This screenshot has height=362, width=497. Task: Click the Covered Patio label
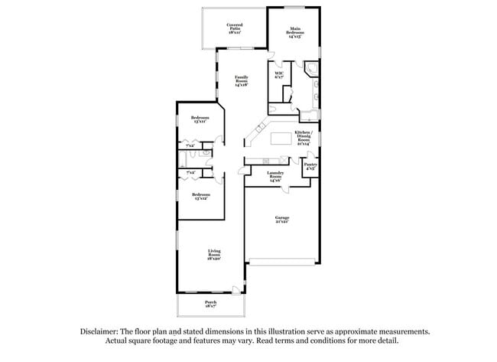[x=234, y=29]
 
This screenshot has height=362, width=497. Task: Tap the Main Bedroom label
[x=293, y=32]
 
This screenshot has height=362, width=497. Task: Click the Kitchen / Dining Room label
[x=304, y=139]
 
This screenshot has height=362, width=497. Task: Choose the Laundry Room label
[x=275, y=175]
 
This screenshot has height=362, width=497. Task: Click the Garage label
[x=282, y=219]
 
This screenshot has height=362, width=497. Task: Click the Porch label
[x=210, y=304]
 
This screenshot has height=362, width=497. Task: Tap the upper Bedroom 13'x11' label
[x=200, y=119]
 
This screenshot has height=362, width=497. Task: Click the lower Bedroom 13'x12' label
[x=200, y=196]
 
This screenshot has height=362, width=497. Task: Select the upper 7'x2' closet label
[x=190, y=145]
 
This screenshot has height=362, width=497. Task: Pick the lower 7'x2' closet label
[x=190, y=173]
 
